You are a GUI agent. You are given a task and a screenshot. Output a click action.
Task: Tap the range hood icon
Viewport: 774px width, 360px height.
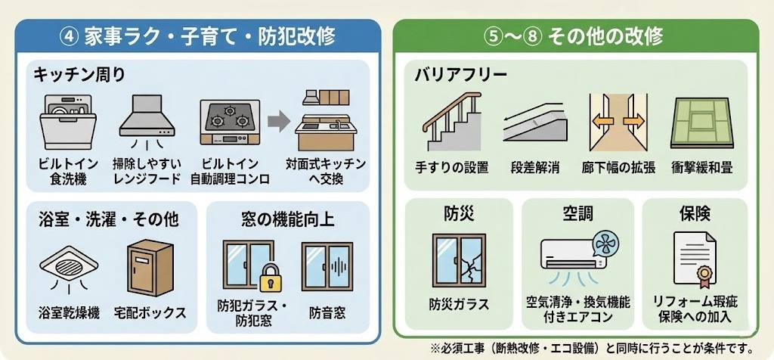(x=147, y=117)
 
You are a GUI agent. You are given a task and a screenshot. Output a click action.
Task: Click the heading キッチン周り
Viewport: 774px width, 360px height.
(x=79, y=74)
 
